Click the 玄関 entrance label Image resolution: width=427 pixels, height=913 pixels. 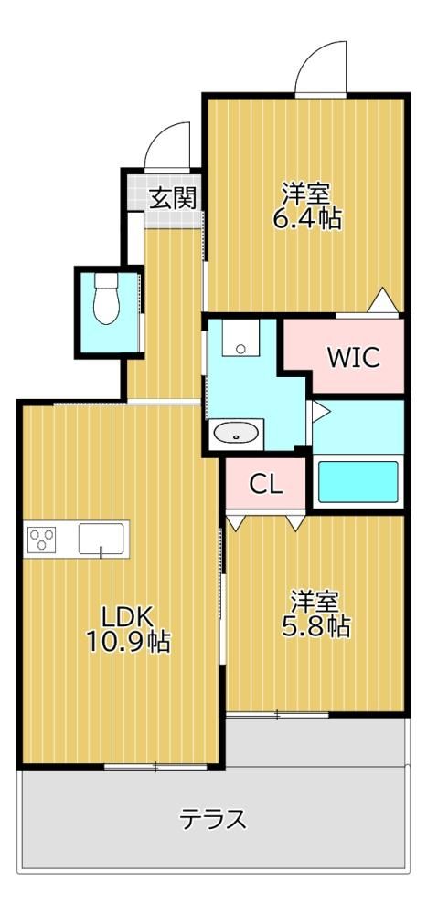pyautogui.click(x=172, y=199)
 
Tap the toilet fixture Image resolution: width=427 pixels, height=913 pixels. pyautogui.click(x=106, y=299)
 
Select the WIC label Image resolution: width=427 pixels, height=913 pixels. pyautogui.click(x=354, y=357)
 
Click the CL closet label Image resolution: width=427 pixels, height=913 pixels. pyautogui.click(x=266, y=484)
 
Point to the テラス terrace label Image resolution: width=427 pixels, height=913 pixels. pyautogui.click(x=212, y=820)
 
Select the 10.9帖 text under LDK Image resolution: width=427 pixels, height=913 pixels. pyautogui.click(x=128, y=642)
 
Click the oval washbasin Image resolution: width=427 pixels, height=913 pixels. pyautogui.click(x=236, y=433)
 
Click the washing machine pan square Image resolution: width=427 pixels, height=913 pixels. pyautogui.click(x=240, y=337)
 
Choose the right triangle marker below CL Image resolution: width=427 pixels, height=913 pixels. pyautogui.click(x=296, y=523)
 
